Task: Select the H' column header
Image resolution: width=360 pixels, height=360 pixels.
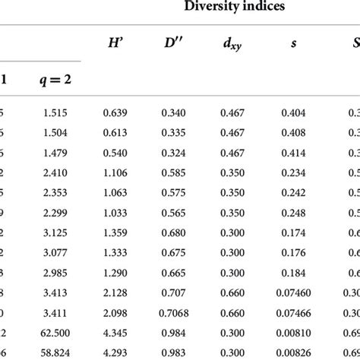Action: [117, 45]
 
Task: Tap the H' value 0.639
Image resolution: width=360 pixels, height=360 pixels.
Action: [117, 113]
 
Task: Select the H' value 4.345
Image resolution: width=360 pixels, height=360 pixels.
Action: [117, 331]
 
